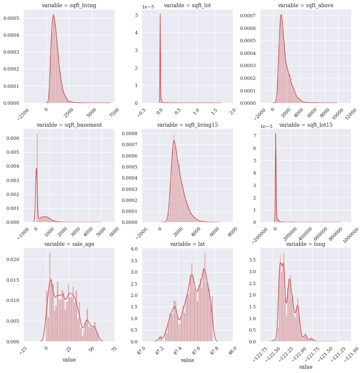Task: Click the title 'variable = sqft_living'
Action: (68, 5)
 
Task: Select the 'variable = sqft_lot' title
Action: (187, 5)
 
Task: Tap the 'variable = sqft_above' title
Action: (306, 5)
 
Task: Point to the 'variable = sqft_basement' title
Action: (69, 125)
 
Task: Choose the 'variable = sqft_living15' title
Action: (187, 125)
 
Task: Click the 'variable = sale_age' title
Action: (69, 244)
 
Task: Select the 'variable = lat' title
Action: (187, 244)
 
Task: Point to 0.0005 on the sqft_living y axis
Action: (11, 18)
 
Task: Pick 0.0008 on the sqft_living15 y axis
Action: (129, 133)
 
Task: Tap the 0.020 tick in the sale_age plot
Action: (12, 259)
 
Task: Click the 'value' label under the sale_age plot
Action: (69, 360)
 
